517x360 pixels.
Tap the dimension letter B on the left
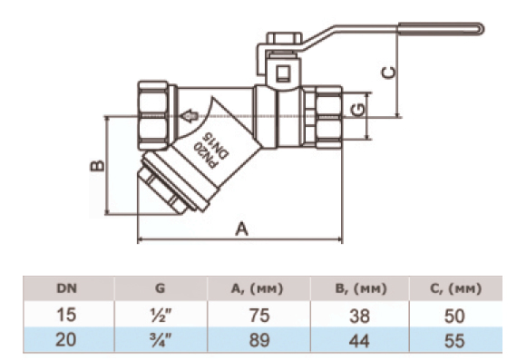pyautogui.click(x=97, y=166)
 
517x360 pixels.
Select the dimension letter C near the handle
pyautogui.click(x=388, y=73)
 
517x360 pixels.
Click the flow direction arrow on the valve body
pyautogui.click(x=189, y=116)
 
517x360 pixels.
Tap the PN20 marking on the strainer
pyautogui.click(x=205, y=154)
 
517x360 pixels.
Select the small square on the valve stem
pyautogui.click(x=284, y=73)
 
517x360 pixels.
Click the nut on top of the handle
pyautogui.click(x=285, y=38)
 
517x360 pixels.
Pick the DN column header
pyautogui.click(x=66, y=288)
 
